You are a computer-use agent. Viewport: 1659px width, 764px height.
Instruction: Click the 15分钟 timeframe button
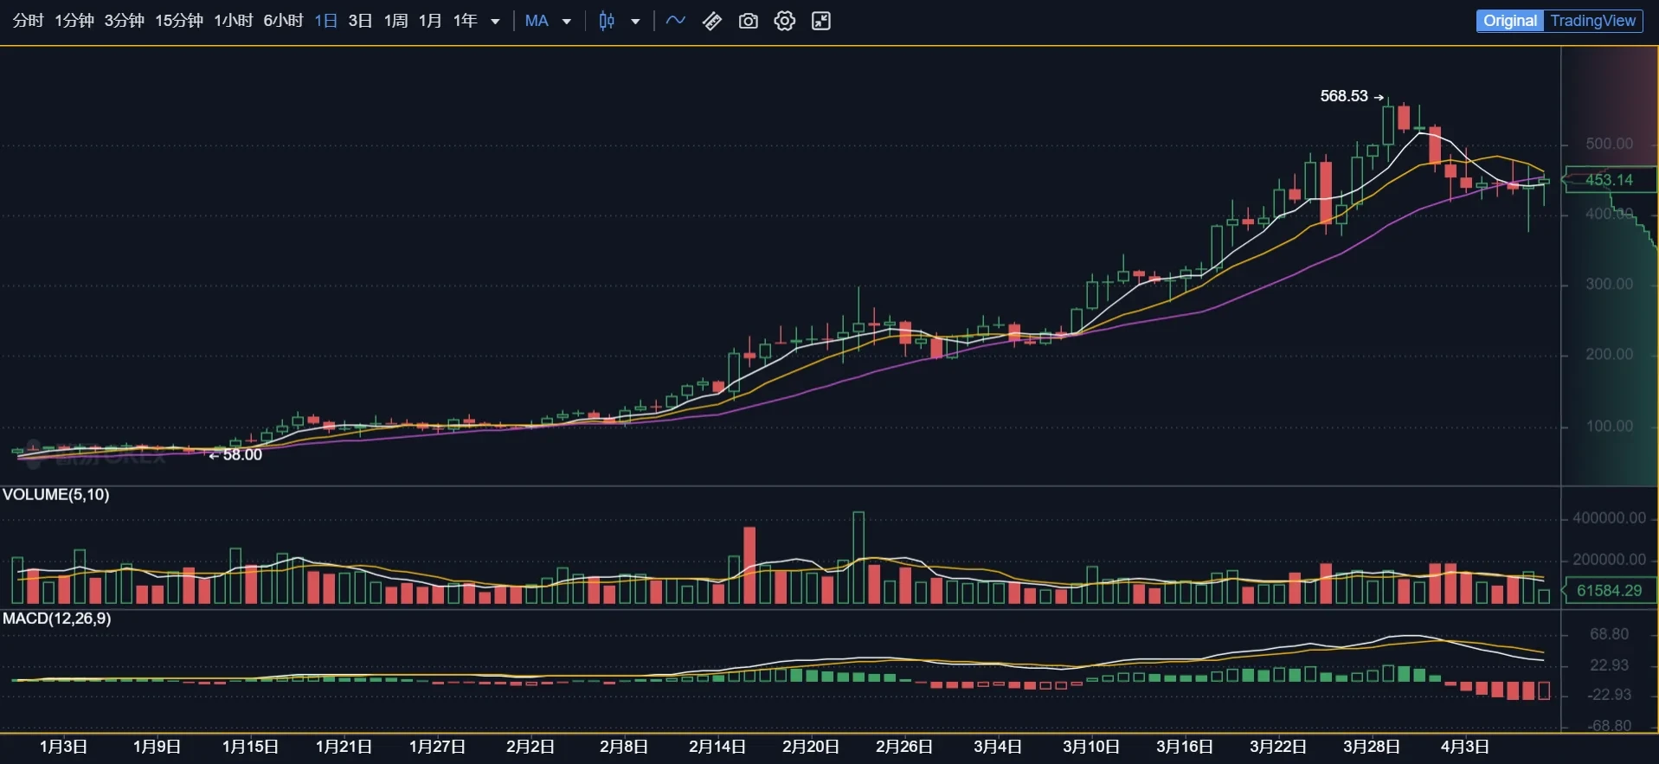(x=178, y=21)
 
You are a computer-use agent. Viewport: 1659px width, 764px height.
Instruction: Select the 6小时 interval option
(x=283, y=21)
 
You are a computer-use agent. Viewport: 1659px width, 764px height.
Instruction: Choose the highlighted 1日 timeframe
(x=325, y=21)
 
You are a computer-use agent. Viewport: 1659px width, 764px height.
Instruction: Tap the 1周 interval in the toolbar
(x=395, y=21)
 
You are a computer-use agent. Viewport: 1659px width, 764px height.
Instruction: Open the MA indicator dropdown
(x=548, y=21)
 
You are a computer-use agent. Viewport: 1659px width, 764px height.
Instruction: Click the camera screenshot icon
(x=749, y=21)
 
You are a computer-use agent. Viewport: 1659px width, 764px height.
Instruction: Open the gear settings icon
(x=785, y=21)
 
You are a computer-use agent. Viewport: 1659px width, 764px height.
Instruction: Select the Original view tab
(x=1510, y=21)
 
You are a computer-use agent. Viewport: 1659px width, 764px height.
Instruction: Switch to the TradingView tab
(x=1592, y=21)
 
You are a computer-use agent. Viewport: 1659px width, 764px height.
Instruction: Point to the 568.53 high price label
(x=1344, y=96)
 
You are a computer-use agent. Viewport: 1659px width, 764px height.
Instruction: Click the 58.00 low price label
(x=241, y=455)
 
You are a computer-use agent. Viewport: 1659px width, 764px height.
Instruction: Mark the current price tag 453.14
(x=1609, y=180)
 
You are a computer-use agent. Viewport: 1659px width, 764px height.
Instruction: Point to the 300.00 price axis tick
(x=1609, y=284)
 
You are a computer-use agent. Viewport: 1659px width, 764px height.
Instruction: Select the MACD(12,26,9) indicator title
(x=57, y=619)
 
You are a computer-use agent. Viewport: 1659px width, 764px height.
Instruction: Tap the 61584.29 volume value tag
(x=1609, y=591)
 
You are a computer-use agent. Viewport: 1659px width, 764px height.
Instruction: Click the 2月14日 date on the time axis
(x=717, y=747)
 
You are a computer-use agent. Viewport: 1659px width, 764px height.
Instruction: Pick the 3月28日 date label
(x=1371, y=747)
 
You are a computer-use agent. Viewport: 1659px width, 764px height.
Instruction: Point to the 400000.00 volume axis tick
(x=1609, y=518)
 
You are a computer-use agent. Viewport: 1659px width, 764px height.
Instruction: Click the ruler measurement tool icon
(x=712, y=21)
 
